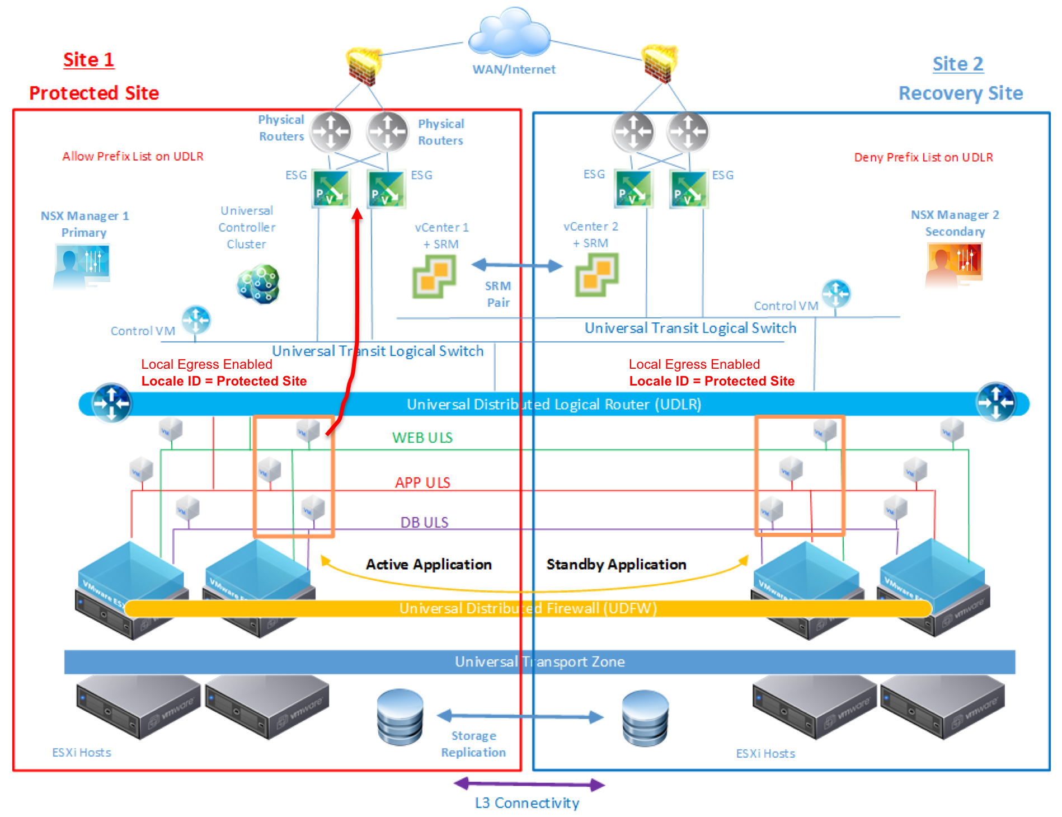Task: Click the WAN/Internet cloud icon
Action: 509,34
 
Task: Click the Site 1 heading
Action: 88,60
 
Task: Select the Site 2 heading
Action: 957,64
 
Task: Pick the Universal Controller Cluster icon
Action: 258,284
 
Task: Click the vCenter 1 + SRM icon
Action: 434,276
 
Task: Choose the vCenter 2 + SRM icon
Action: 596,274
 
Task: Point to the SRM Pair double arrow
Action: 516,265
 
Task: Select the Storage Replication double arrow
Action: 520,716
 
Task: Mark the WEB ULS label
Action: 422,438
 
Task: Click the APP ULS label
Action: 422,482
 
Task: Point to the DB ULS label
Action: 424,522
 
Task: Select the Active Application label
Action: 429,564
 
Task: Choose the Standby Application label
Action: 616,564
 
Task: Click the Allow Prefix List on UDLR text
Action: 133,157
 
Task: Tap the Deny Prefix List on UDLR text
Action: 923,158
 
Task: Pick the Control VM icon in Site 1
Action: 196,320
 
